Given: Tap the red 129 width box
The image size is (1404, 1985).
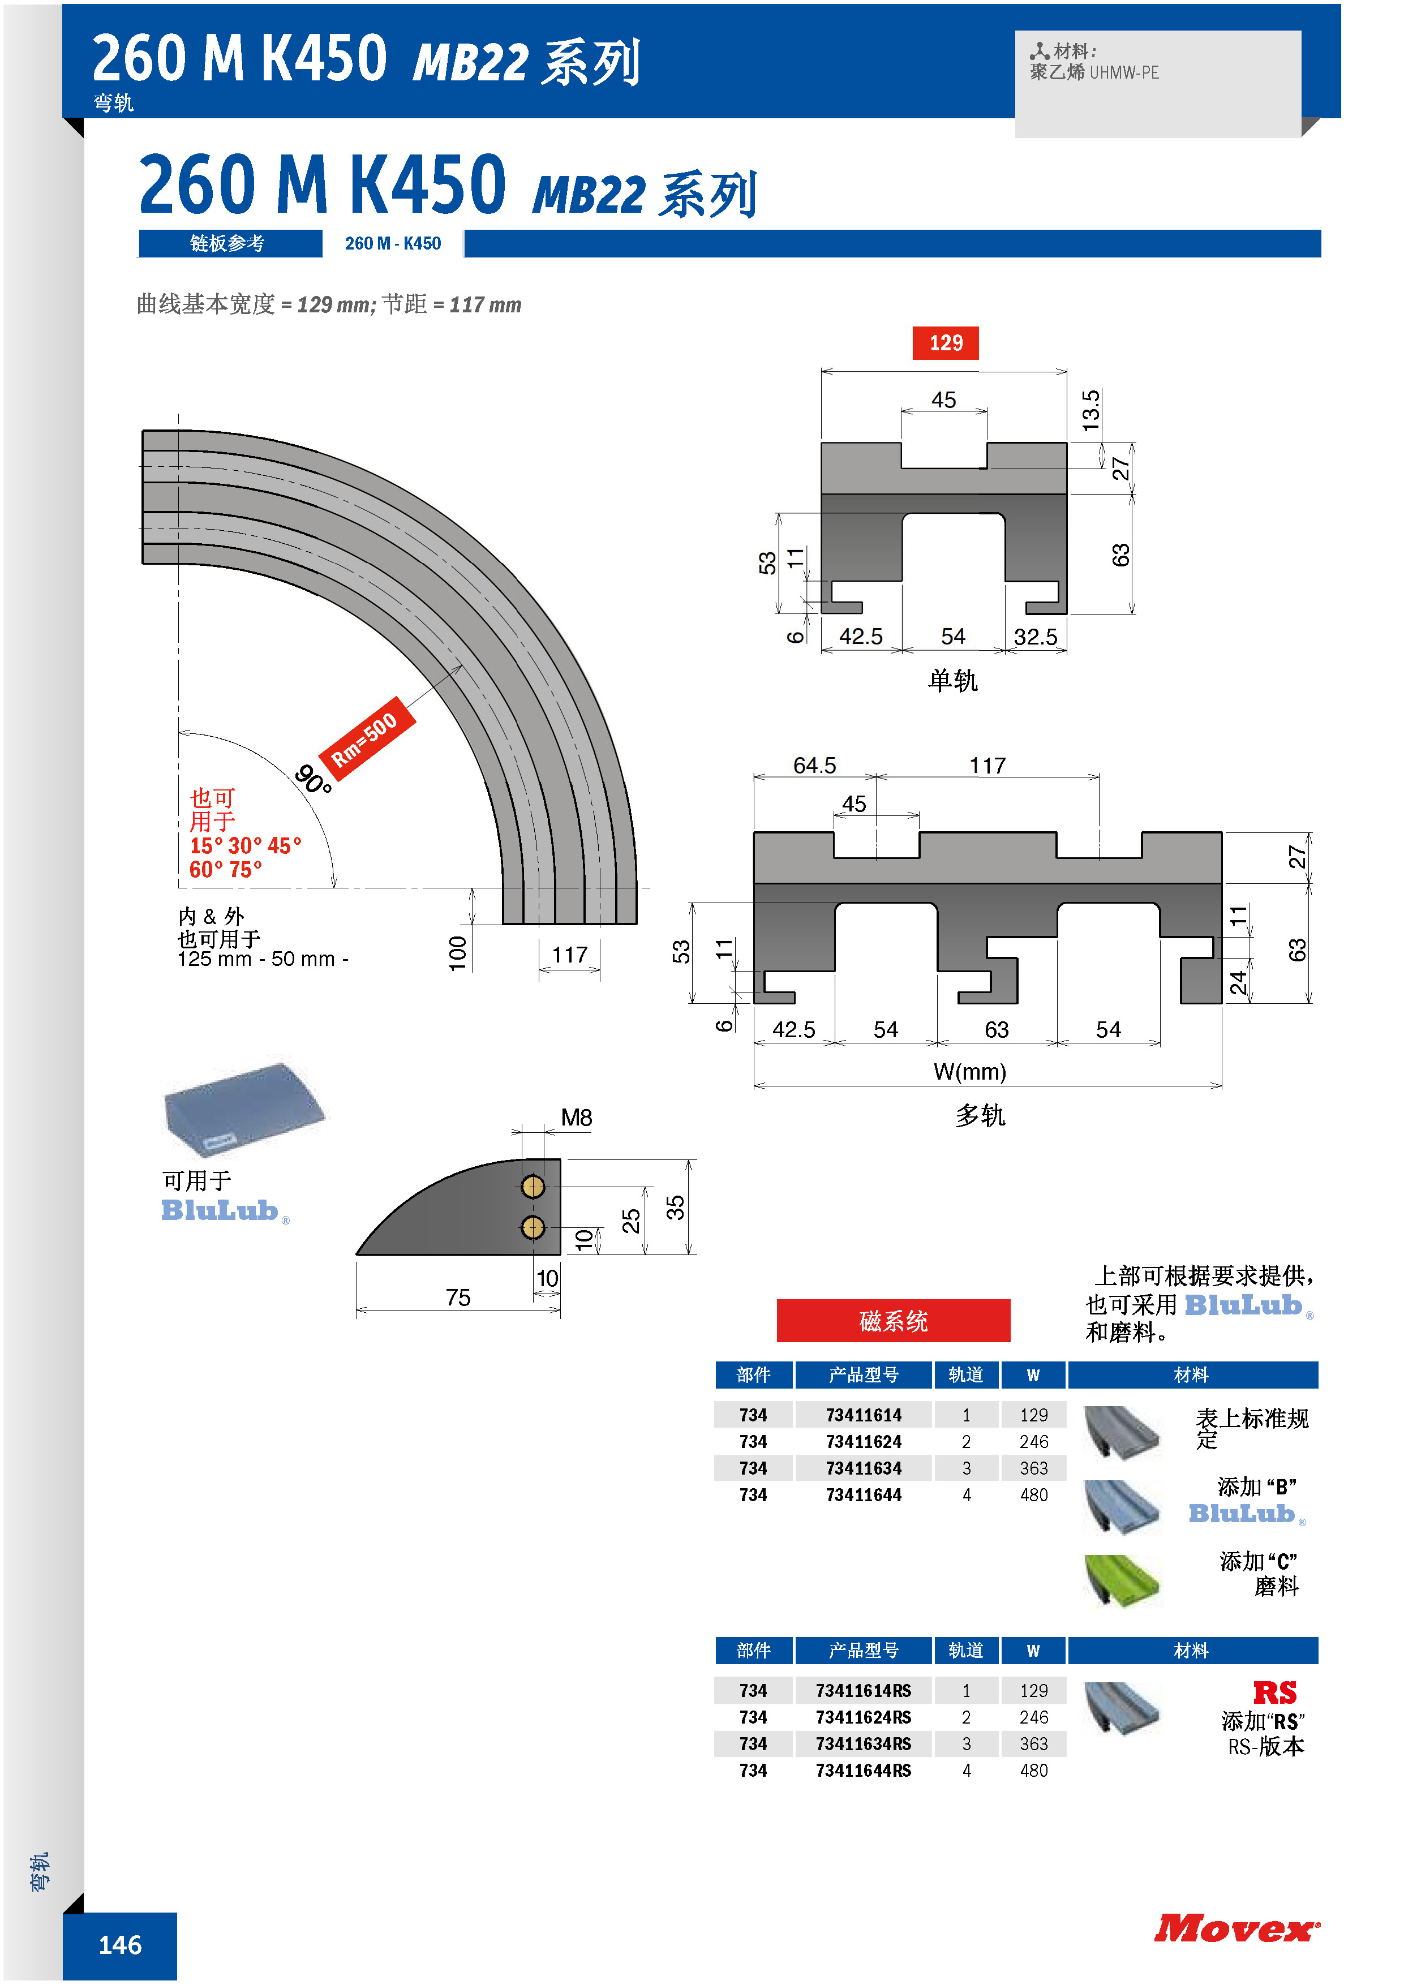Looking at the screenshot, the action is (946, 343).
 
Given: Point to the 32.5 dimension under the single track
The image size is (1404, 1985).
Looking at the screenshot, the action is (1035, 637).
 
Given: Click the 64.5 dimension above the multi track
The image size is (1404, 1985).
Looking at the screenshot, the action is (814, 766).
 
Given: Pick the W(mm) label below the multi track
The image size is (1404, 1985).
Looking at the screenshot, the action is (970, 1072).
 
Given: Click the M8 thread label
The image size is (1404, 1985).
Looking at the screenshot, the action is (577, 1118).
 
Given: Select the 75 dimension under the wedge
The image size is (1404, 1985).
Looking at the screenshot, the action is (458, 1297).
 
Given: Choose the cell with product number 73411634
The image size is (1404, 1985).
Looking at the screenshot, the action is (864, 1468).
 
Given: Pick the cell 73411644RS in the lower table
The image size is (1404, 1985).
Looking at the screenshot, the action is (864, 1771).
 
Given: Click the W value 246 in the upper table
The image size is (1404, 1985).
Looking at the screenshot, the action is (1034, 1442).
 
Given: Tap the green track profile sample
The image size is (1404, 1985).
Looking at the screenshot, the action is (1122, 1581).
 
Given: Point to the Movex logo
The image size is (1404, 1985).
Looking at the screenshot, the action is (1237, 1929).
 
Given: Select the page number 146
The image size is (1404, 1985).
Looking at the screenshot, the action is (120, 1945).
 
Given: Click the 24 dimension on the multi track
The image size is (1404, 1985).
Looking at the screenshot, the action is (1239, 983).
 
